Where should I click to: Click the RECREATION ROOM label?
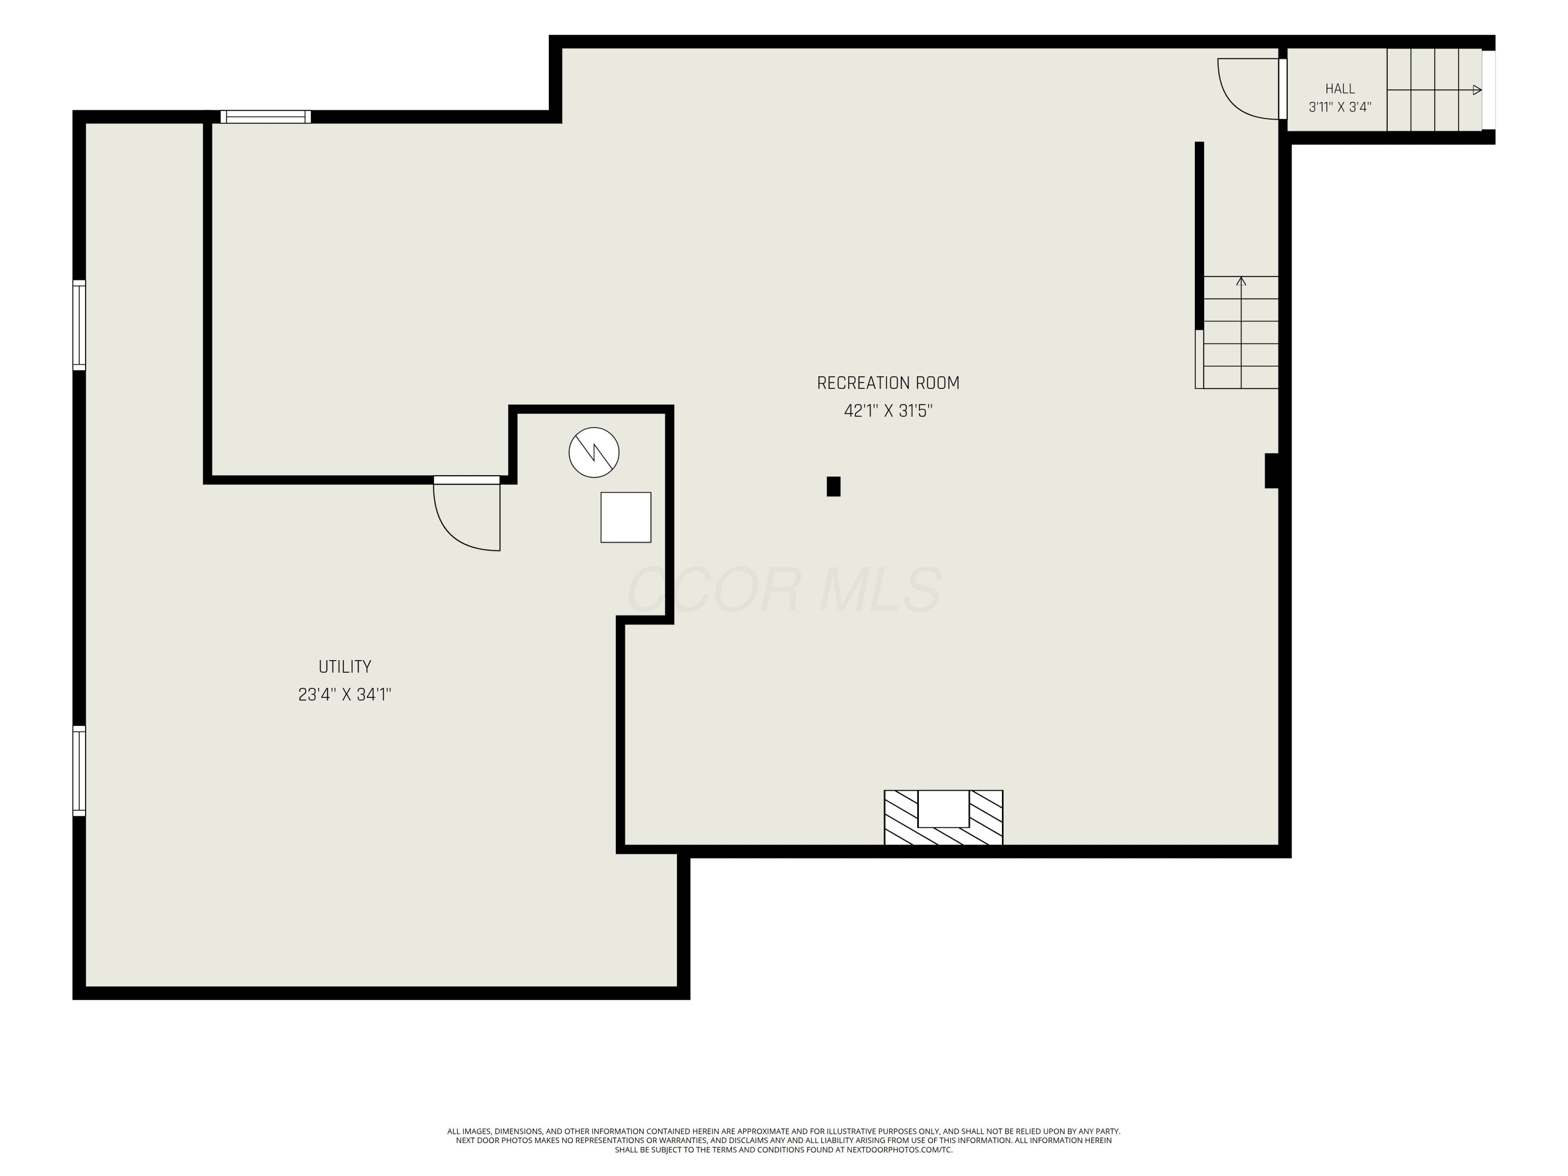(888, 384)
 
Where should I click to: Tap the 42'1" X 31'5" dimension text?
(888, 411)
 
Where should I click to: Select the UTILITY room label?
(344, 667)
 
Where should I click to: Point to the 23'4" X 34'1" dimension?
(344, 695)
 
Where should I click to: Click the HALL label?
(1340, 89)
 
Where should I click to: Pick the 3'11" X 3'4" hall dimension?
(1340, 108)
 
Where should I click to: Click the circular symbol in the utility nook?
(594, 452)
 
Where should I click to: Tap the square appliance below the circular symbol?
(626, 517)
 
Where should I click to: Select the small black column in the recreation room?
(834, 486)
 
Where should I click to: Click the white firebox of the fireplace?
(943, 809)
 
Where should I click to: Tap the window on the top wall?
(265, 117)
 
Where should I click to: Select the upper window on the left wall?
(79, 326)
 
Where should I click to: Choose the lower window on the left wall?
(79, 771)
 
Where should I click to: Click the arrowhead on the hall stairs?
(1477, 90)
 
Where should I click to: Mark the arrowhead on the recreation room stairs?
(1241, 281)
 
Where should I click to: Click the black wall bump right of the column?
(1272, 471)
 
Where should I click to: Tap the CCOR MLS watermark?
(785, 590)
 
